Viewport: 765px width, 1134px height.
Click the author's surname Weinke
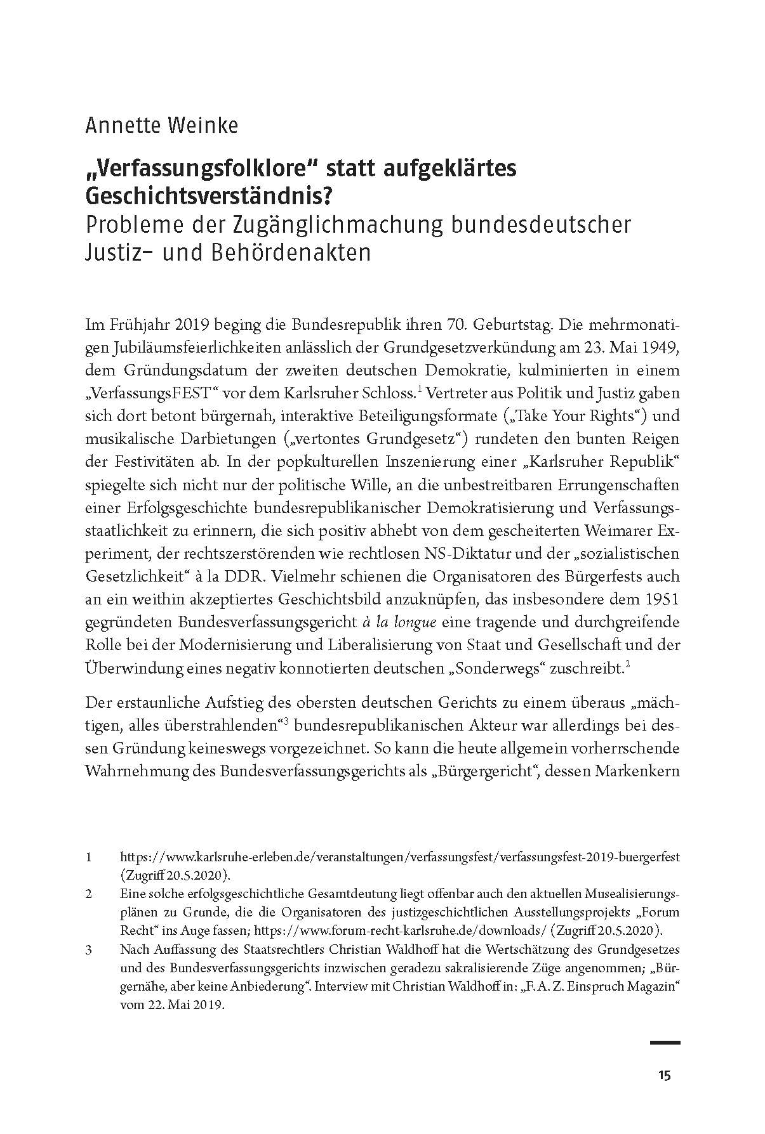203,126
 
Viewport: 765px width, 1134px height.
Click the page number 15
664,1074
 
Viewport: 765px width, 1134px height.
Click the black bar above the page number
665,1042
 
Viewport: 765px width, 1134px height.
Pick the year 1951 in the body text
663,599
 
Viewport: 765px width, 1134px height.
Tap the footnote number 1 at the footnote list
90,857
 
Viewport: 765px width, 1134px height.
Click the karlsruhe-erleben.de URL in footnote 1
399,857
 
